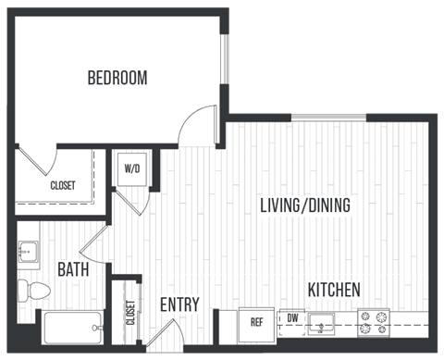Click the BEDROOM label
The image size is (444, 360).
(x=117, y=78)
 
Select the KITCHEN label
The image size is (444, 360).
(x=334, y=290)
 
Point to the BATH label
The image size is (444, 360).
(x=73, y=269)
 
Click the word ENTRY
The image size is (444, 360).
(x=180, y=304)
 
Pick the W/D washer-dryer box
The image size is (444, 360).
(x=132, y=169)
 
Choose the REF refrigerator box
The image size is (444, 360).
(x=257, y=322)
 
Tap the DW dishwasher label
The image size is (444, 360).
(x=292, y=317)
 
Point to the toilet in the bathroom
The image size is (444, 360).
(x=34, y=289)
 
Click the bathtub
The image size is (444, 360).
(x=72, y=326)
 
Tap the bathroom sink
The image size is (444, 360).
(x=28, y=251)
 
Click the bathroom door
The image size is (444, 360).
(x=95, y=243)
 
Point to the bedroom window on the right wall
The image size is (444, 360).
(x=223, y=62)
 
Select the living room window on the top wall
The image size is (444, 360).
(x=328, y=118)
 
